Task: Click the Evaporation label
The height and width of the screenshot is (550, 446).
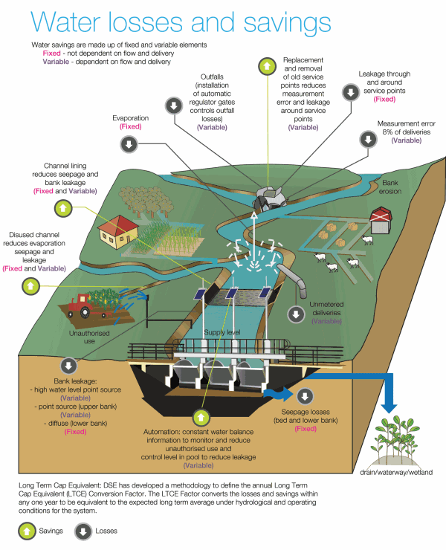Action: point(131,118)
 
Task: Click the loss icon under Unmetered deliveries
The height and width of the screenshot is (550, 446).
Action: point(297,315)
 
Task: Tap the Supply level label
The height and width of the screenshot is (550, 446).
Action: point(221,331)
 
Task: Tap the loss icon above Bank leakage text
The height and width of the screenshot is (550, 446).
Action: point(69,366)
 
